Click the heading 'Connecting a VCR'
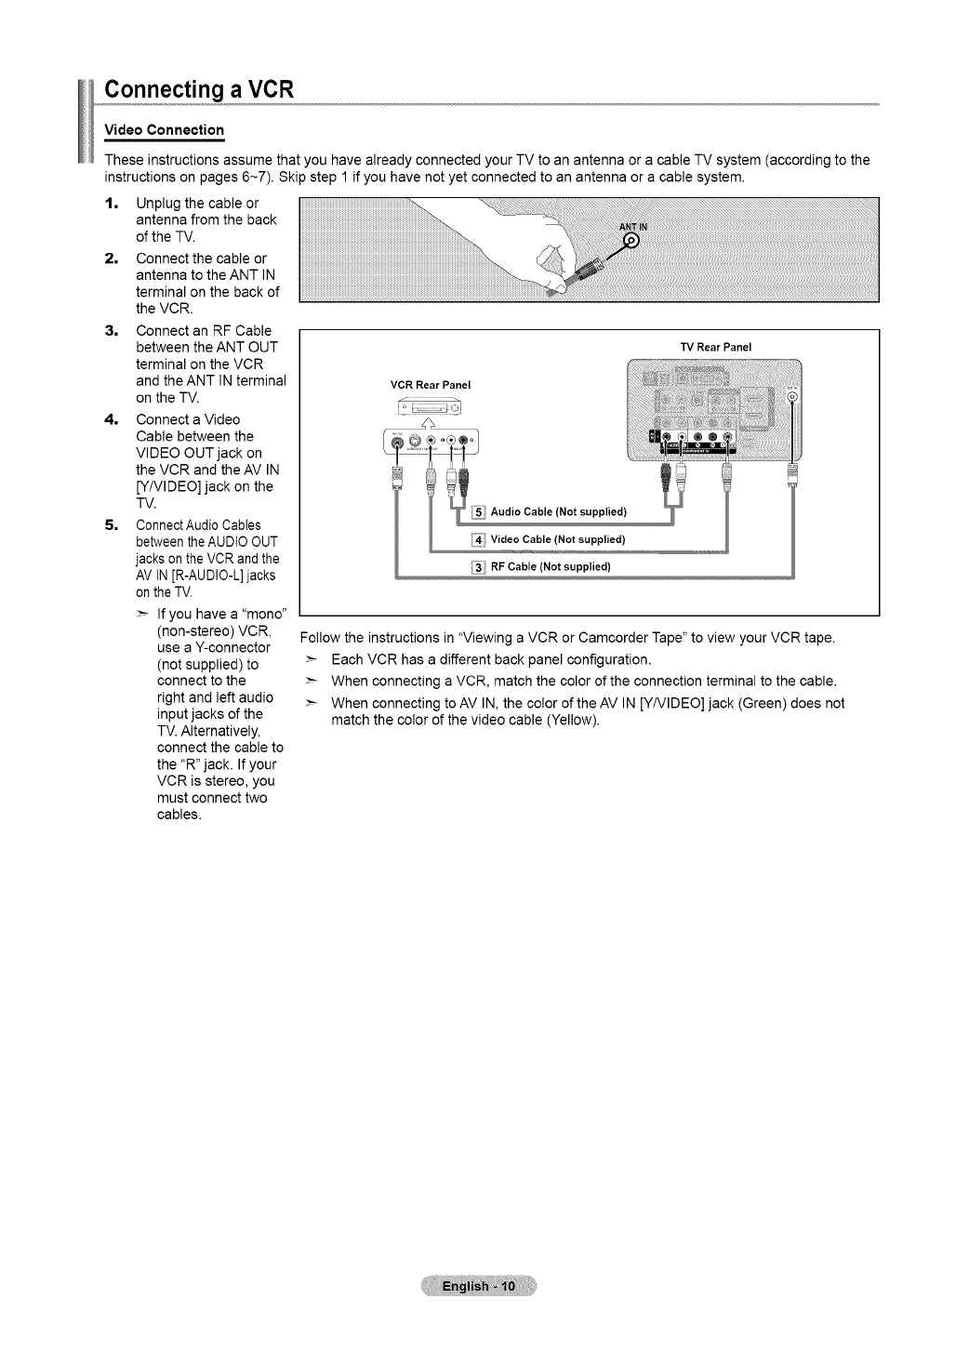click(x=199, y=90)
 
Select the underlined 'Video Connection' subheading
click(x=164, y=128)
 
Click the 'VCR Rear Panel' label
click(x=431, y=384)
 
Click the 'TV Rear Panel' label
click(x=715, y=347)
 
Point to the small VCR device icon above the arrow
click(x=430, y=406)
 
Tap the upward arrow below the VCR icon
click(x=431, y=423)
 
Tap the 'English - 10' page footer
click(x=478, y=1287)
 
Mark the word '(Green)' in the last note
click(x=714, y=704)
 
